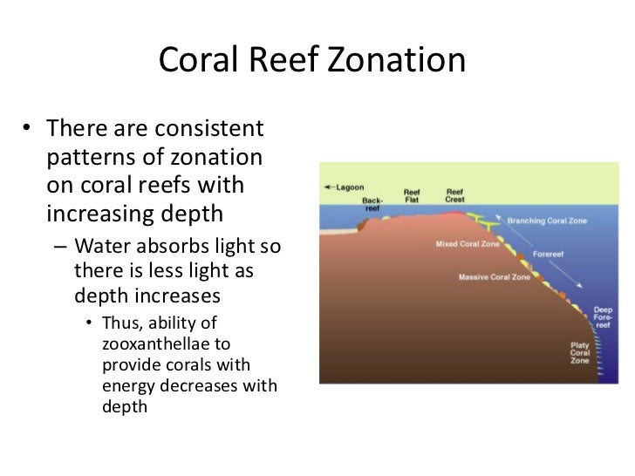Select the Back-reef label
(x=372, y=204)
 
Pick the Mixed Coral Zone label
(x=468, y=244)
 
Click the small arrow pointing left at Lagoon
(x=328, y=187)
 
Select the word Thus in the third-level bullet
(x=121, y=323)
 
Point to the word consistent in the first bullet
(x=209, y=130)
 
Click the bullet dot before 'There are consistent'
(x=29, y=131)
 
